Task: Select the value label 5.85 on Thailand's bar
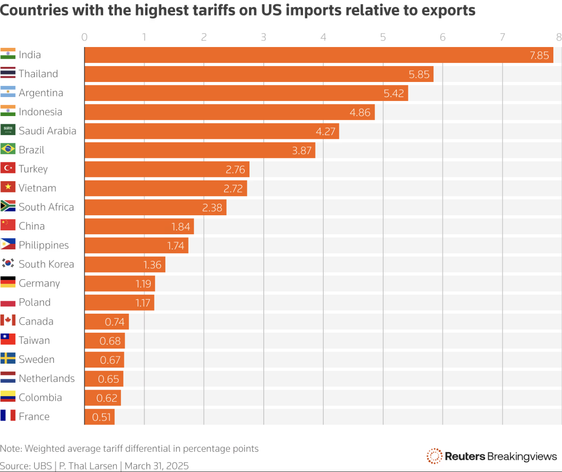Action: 419,74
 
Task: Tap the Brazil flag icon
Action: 8,149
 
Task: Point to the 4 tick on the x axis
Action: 323,38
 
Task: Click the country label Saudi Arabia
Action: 47,131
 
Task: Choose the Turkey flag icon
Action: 8,168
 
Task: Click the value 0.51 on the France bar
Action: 101,417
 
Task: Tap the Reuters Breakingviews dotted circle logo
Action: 434,456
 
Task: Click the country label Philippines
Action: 44,245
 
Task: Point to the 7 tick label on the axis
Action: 502,38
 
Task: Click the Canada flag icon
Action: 8,321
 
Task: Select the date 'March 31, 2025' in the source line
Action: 157,466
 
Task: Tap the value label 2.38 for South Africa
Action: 212,208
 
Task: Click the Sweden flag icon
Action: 8,359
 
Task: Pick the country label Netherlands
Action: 47,378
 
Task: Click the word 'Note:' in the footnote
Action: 11,449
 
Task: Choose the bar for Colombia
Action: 103,398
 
